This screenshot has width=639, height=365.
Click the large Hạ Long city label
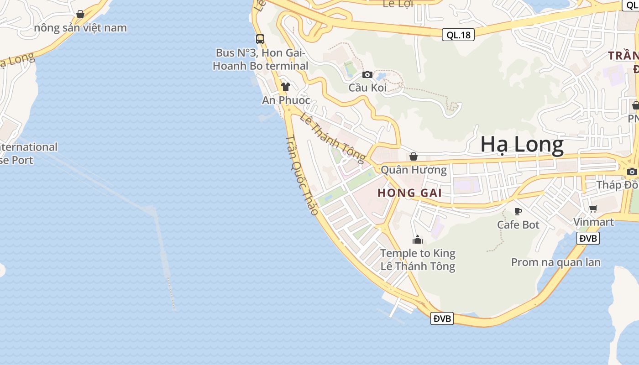tap(522, 145)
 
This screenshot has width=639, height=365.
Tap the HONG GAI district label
tap(409, 193)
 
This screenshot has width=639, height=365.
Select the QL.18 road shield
tap(458, 35)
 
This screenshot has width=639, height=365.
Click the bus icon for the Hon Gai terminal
tap(260, 39)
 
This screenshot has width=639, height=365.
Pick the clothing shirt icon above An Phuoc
tap(286, 87)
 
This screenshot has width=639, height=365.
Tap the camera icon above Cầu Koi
tap(367, 74)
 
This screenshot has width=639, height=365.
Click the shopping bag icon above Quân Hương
tap(414, 156)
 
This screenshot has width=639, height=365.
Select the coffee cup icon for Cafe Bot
tap(518, 211)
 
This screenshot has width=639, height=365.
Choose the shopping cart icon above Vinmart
tap(593, 209)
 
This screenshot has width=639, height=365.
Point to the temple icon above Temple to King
tap(418, 240)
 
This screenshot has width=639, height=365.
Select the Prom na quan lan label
tap(555, 262)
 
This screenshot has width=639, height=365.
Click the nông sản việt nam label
tap(80, 28)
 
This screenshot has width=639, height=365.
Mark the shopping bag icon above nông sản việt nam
tap(80, 14)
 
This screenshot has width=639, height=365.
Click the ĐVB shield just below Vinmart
tap(587, 238)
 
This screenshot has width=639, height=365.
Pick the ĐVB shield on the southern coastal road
tap(442, 318)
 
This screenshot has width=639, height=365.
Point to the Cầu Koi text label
tap(367, 88)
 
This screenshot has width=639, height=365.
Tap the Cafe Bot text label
tap(518, 225)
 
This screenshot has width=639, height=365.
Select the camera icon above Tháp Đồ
tap(632, 172)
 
